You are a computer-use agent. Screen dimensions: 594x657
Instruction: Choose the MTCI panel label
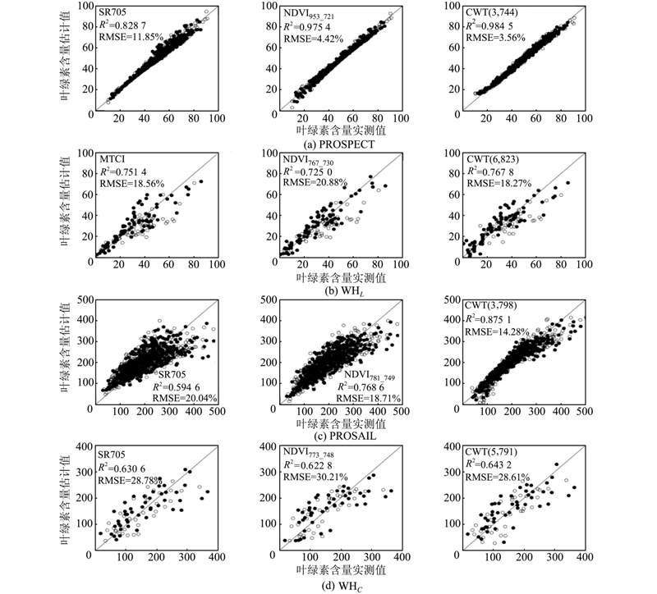click(110, 153)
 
